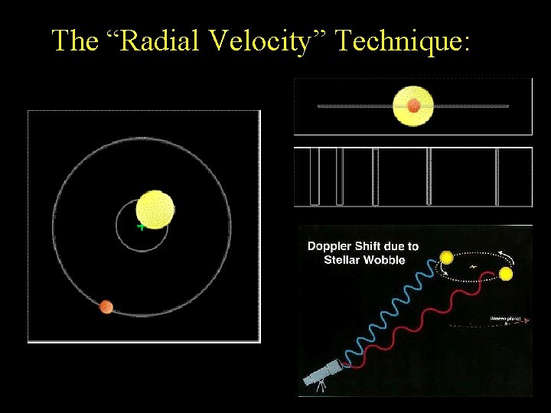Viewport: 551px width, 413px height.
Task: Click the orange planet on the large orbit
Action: (x=106, y=307)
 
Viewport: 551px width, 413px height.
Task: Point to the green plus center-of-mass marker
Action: (x=141, y=226)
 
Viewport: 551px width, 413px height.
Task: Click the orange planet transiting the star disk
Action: (x=413, y=106)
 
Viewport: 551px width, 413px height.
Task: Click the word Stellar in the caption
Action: (x=343, y=259)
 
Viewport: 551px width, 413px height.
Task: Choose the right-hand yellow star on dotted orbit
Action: (x=506, y=275)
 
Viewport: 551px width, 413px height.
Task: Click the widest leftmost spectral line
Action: (x=314, y=177)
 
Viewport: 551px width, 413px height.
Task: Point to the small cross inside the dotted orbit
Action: (x=473, y=266)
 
